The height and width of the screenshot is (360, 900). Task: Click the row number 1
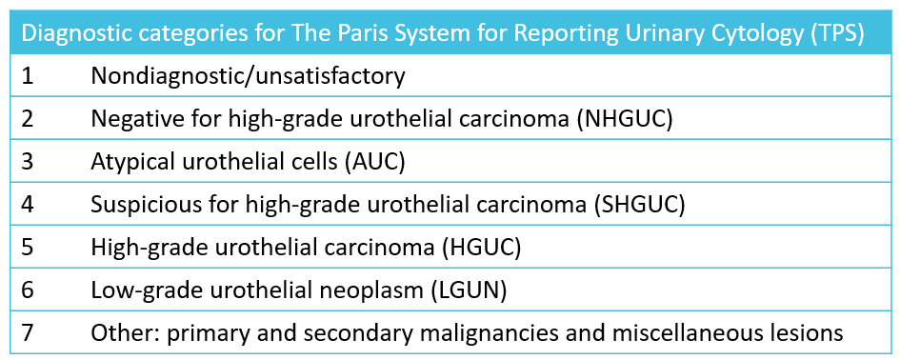click(27, 76)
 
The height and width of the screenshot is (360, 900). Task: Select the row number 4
click(28, 204)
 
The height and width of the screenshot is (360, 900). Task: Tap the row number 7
click(28, 333)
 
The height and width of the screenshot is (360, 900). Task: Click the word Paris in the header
click(319, 33)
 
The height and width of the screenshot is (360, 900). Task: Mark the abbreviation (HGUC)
click(481, 247)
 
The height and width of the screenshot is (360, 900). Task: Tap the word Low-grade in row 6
click(137, 290)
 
